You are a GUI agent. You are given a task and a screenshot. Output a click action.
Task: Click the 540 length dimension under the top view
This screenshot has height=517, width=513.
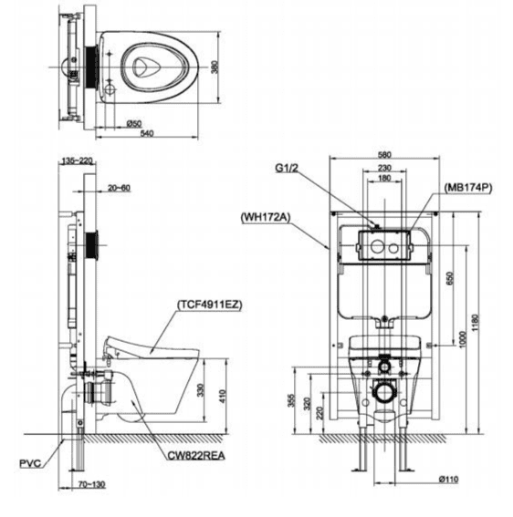tap(147, 133)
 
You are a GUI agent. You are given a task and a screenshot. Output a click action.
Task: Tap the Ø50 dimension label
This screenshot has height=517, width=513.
tap(134, 124)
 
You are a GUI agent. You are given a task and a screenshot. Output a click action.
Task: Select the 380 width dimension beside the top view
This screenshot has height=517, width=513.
tap(215, 67)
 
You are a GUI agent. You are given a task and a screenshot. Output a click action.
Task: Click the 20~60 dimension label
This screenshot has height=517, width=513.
tap(119, 188)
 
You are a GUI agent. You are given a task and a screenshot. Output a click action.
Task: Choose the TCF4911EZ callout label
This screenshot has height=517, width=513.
tap(210, 305)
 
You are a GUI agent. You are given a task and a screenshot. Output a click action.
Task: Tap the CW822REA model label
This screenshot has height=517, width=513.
tap(196, 456)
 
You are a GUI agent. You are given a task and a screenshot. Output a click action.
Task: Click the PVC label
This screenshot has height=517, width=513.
tap(30, 463)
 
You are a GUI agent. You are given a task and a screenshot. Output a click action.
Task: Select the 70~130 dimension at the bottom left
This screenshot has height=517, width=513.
tap(92, 484)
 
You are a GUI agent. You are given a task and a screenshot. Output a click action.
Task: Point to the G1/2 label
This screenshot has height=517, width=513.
tap(287, 168)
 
